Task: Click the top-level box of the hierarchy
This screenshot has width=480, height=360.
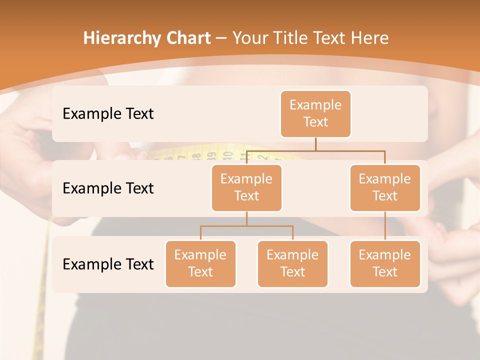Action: [315, 113]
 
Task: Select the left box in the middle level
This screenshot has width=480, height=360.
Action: [246, 187]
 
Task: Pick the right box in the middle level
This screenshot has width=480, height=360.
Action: [385, 187]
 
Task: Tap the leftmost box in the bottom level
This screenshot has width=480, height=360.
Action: [200, 263]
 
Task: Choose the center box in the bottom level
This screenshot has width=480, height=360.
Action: [292, 263]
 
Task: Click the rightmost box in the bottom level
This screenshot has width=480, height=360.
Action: [385, 263]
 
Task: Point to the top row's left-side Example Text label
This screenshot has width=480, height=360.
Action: [108, 113]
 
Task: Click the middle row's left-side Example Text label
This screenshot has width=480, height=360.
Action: [108, 188]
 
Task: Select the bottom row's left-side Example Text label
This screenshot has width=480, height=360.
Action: [108, 264]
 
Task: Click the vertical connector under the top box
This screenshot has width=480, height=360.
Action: [315, 144]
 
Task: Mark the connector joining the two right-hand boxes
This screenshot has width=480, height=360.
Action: [385, 225]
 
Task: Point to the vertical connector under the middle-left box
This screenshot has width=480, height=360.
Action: [246, 218]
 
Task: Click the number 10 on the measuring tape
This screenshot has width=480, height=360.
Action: [228, 155]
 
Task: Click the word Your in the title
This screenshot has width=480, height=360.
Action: [248, 38]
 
